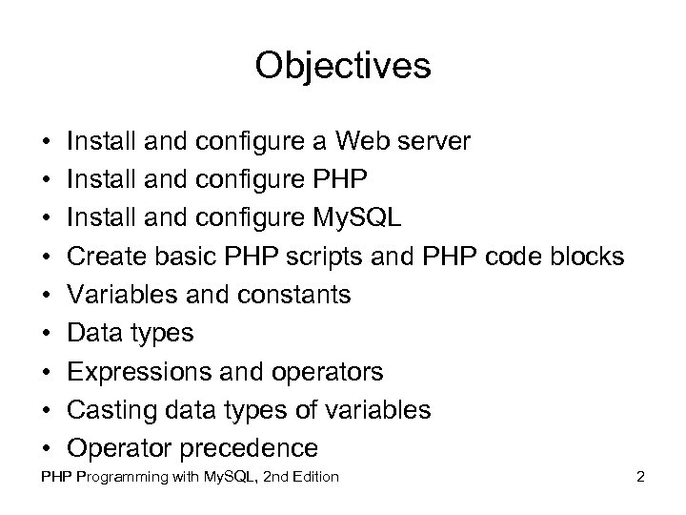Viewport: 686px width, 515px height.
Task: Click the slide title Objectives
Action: [x=343, y=66]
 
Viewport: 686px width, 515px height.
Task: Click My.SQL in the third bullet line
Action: [x=358, y=218]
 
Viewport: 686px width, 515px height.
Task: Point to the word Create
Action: [x=107, y=257]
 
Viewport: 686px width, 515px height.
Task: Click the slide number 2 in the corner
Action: [x=641, y=476]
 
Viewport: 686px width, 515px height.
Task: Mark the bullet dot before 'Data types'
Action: [x=46, y=334]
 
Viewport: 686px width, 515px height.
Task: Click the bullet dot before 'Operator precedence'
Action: [x=46, y=448]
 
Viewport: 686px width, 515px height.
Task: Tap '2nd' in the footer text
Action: [x=267, y=476]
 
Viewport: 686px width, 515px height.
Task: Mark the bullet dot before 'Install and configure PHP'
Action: [x=46, y=181]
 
